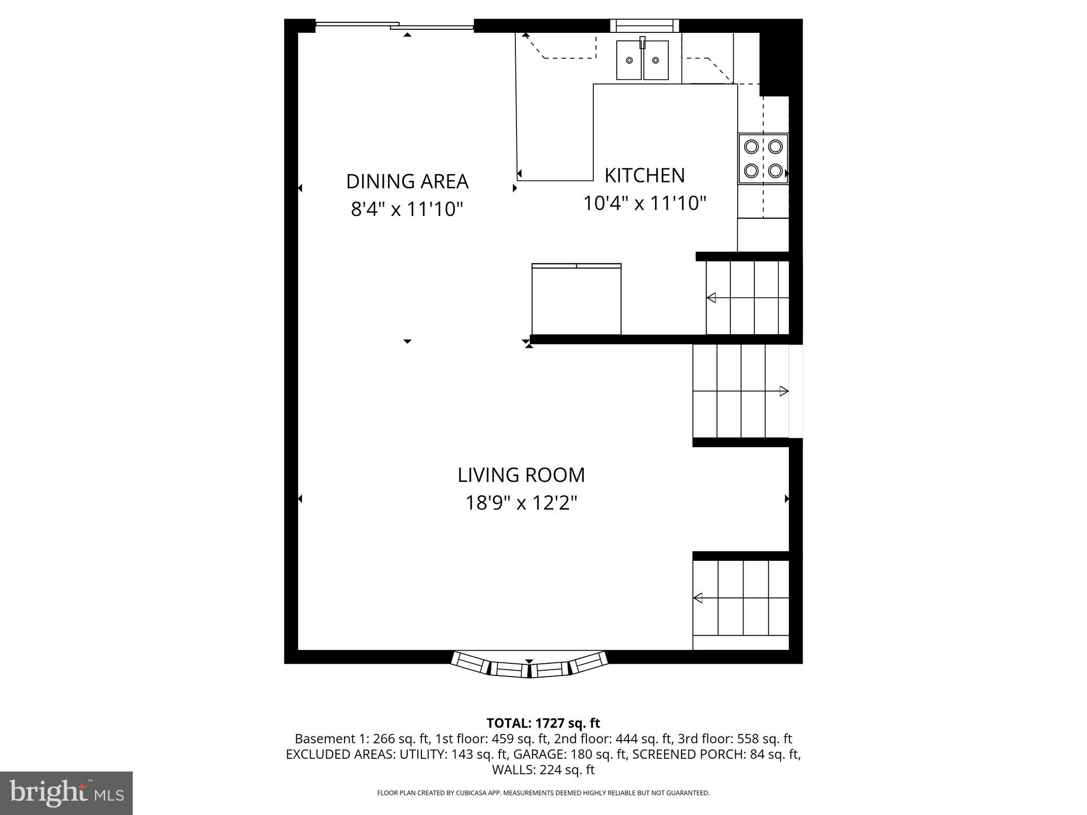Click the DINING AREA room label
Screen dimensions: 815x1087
click(x=407, y=181)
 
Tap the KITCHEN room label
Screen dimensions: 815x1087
click(x=644, y=175)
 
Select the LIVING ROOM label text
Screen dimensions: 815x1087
click(x=521, y=475)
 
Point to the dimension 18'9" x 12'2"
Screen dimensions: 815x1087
click(x=521, y=502)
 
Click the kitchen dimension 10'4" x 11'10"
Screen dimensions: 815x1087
click(x=644, y=203)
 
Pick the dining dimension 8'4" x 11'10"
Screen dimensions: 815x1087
click(x=407, y=209)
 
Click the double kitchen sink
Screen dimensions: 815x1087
click(x=642, y=60)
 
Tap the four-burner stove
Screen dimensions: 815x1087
click(x=763, y=159)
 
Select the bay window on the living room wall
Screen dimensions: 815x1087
click(x=529, y=664)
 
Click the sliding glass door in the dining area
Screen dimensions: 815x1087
click(x=394, y=25)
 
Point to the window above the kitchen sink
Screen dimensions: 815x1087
click(x=644, y=25)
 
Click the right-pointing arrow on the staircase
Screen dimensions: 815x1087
click(x=783, y=392)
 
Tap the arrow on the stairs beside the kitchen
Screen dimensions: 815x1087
click(x=711, y=298)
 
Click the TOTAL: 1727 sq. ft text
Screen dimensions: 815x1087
click(x=543, y=723)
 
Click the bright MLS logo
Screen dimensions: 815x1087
click(x=66, y=793)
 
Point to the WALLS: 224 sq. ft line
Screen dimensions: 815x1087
click(x=543, y=769)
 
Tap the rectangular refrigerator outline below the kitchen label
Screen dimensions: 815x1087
click(x=576, y=300)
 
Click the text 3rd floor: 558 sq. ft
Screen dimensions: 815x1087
click(x=735, y=739)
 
